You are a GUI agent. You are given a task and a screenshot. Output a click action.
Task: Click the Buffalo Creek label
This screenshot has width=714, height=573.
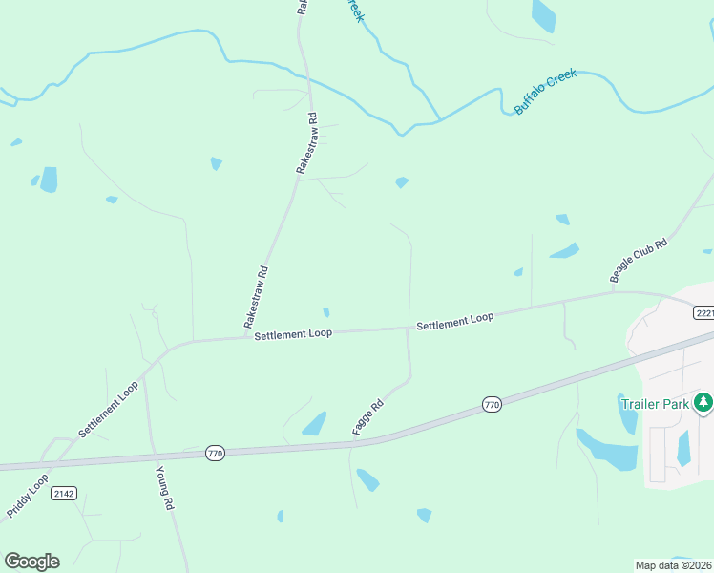[x=546, y=92]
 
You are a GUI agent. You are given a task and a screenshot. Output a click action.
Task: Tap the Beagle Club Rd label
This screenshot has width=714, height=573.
[x=639, y=261]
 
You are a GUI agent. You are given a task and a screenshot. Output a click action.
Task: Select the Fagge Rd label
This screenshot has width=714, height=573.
[x=367, y=418]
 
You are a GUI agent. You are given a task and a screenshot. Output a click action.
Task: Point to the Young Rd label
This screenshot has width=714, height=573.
[x=165, y=488]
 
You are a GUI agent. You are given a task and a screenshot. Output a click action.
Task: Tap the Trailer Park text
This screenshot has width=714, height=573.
[x=655, y=404]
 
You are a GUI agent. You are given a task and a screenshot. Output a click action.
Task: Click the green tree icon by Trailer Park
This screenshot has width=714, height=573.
[x=703, y=403]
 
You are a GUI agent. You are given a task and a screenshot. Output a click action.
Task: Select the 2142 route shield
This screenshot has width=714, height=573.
[x=65, y=493]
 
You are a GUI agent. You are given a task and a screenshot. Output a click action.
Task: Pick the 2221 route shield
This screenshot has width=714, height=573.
[x=704, y=313]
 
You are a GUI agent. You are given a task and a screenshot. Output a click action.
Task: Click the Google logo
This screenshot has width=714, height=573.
[x=31, y=562]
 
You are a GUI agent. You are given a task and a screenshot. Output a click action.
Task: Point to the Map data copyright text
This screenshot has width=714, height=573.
[x=674, y=564]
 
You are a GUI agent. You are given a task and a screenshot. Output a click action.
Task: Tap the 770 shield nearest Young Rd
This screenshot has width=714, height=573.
[x=215, y=454]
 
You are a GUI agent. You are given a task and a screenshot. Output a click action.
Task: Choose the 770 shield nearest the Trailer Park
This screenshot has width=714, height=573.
[x=492, y=404]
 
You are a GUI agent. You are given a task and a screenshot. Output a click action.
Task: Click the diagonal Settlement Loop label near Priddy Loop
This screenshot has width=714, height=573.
[x=109, y=410]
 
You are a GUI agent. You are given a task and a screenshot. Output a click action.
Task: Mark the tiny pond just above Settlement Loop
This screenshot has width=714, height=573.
[x=326, y=312]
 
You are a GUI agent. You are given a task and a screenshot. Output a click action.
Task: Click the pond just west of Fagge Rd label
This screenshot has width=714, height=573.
[x=314, y=424]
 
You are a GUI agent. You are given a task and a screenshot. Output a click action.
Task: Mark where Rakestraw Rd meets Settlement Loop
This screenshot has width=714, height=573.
[x=246, y=337]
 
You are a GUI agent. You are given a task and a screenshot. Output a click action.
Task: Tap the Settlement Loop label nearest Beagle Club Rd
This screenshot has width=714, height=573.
[x=454, y=322]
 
